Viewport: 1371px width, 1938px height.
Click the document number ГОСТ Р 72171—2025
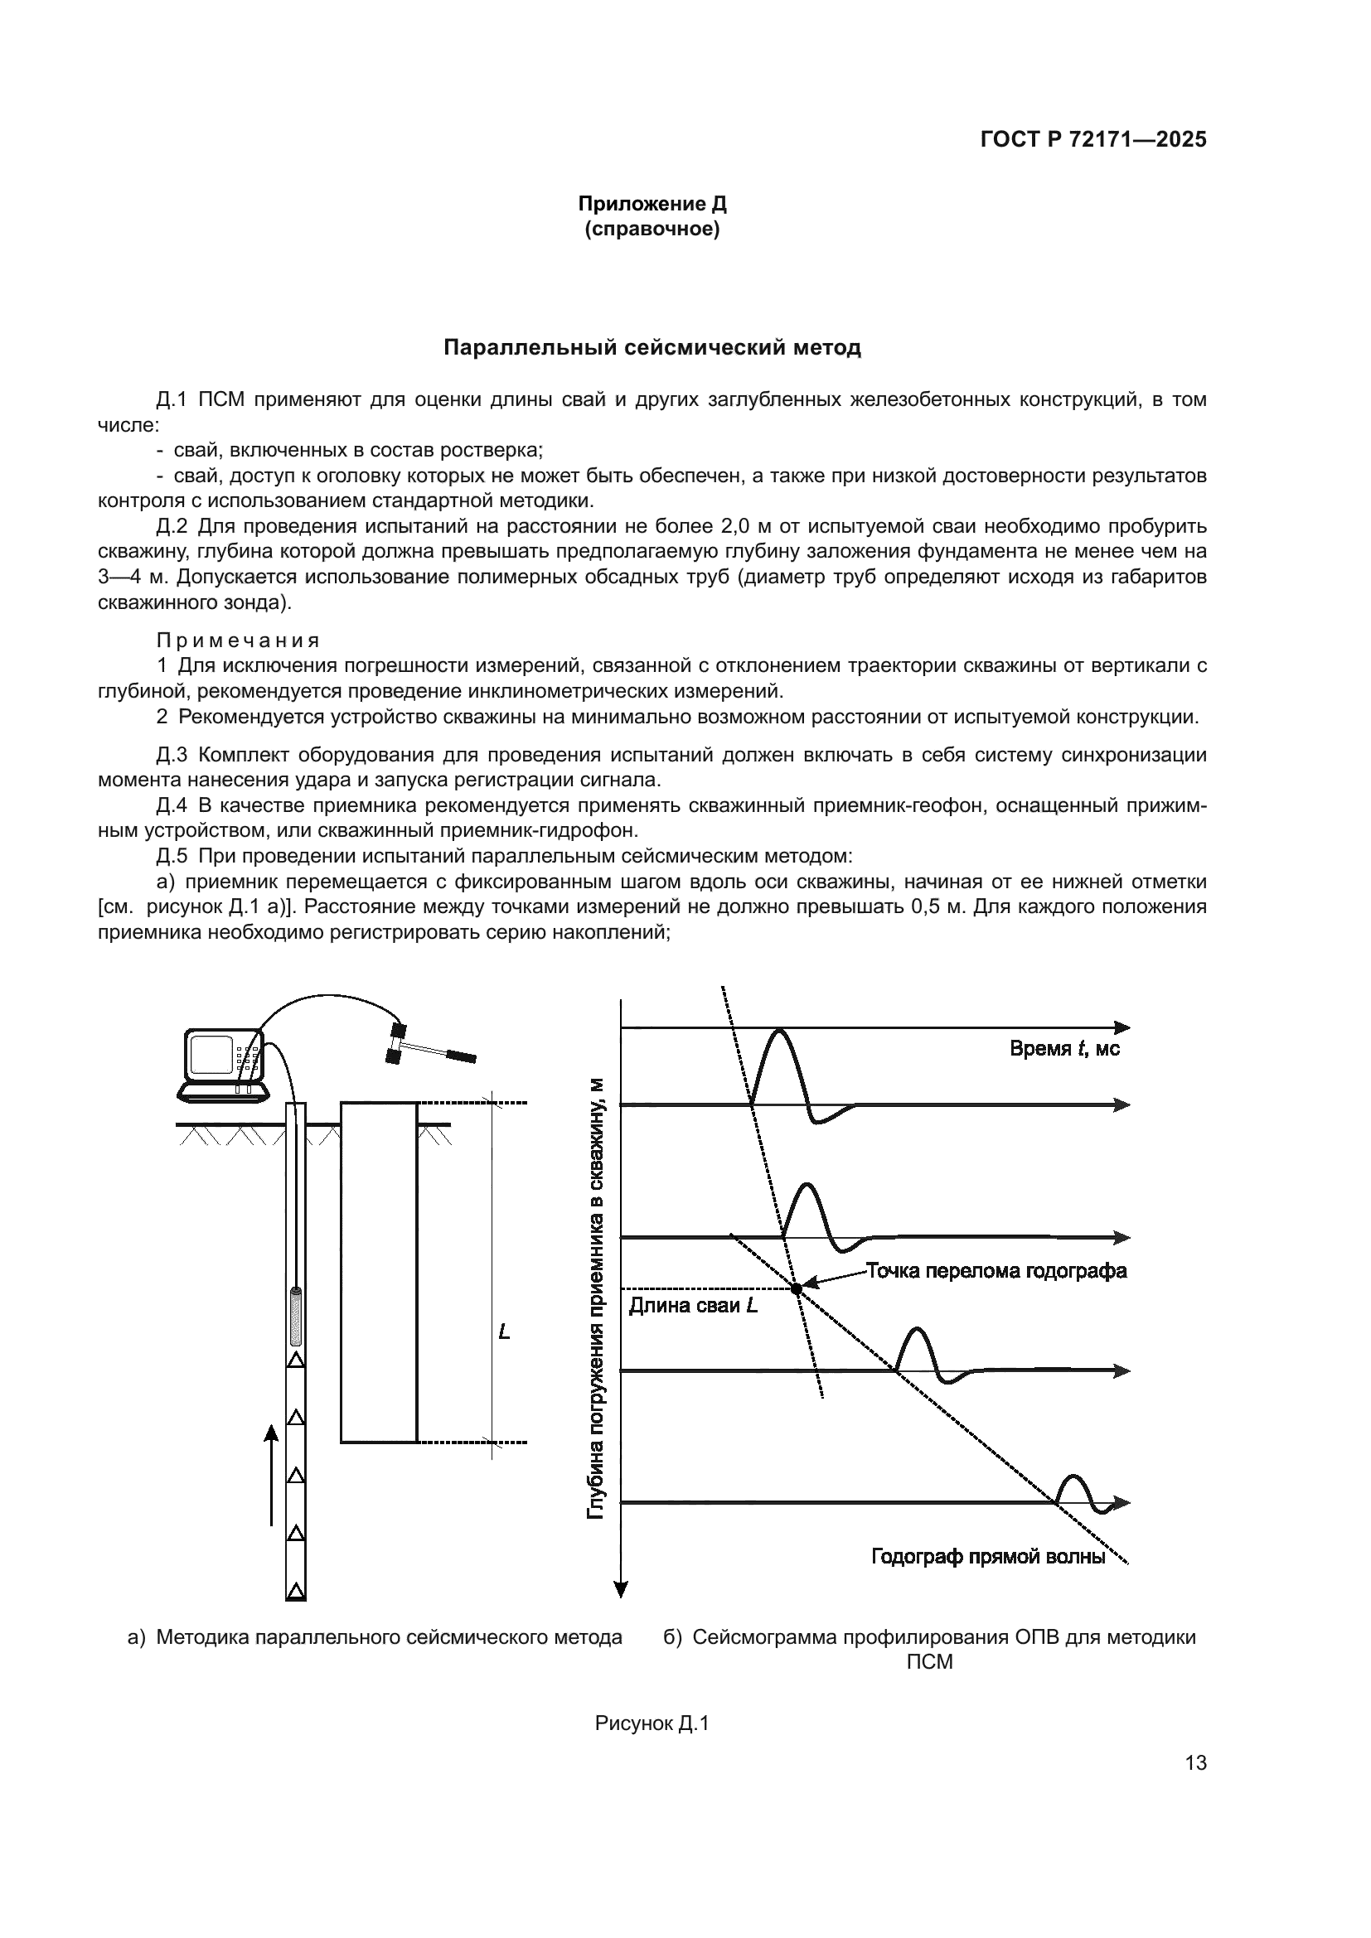[1092, 140]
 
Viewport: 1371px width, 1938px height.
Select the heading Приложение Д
[652, 205]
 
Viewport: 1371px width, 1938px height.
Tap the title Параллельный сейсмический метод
[652, 348]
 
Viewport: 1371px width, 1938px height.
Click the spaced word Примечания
[238, 640]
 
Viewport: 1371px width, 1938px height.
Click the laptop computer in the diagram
[223, 1066]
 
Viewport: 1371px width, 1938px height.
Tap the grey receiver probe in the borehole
[296, 1316]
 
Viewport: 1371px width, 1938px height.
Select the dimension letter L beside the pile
[504, 1332]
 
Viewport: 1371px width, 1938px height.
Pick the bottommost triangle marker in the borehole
[295, 1590]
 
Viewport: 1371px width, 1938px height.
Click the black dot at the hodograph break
[796, 1289]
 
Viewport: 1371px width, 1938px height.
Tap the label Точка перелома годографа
[996, 1271]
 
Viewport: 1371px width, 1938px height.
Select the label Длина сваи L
[693, 1306]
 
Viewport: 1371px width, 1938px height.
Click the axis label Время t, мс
[1064, 1049]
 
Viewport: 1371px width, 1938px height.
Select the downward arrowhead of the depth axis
[622, 1589]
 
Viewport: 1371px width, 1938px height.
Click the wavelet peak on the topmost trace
[778, 1032]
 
